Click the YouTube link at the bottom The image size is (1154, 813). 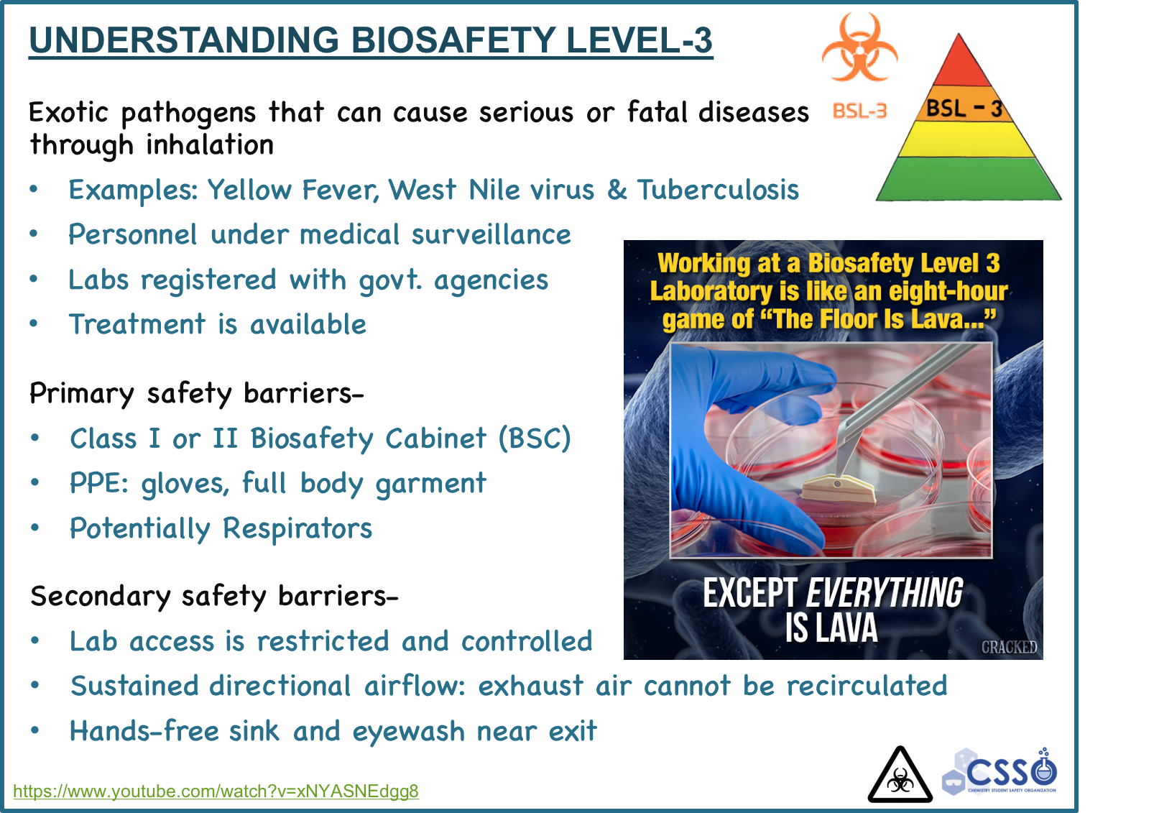click(216, 791)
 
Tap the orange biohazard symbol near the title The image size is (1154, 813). click(859, 47)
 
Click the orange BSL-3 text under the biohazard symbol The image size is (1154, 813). click(859, 111)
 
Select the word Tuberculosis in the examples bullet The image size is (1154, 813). click(718, 190)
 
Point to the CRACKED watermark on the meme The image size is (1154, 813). click(1009, 647)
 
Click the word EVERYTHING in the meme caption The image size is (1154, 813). click(884, 593)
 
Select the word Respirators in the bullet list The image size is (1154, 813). click(297, 528)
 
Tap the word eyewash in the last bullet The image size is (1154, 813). click(409, 732)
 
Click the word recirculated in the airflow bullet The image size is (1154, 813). click(867, 686)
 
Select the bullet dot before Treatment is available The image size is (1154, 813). click(34, 323)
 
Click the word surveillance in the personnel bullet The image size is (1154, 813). click(491, 234)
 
